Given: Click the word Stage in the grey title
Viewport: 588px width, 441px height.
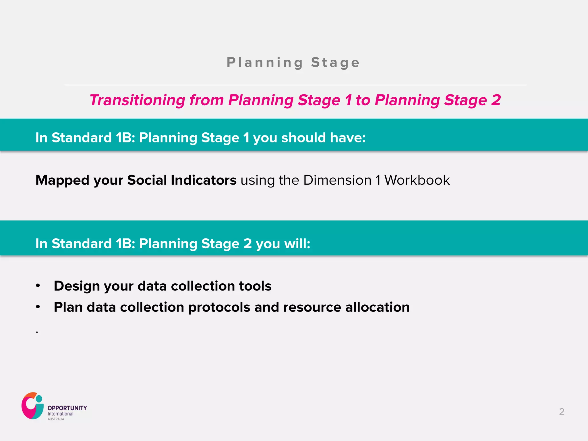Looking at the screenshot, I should pyautogui.click(x=335, y=63).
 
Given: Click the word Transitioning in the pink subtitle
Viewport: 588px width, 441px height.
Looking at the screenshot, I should pyautogui.click(x=137, y=100).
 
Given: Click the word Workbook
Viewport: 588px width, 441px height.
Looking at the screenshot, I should pyautogui.click(x=417, y=180).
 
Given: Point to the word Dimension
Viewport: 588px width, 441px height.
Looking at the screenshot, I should pyautogui.click(x=337, y=180).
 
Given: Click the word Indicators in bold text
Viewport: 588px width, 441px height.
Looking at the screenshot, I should pyautogui.click(x=203, y=180).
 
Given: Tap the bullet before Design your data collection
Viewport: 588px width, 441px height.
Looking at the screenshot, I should pyautogui.click(x=38, y=286).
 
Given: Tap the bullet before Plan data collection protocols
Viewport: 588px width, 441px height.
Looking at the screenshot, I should pyautogui.click(x=38, y=307).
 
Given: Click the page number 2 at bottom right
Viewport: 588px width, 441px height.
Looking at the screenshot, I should pyautogui.click(x=562, y=412).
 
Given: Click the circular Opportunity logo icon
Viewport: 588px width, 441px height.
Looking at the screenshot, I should pyautogui.click(x=32, y=406).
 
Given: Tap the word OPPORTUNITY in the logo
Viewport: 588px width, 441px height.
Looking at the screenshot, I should pyautogui.click(x=67, y=408).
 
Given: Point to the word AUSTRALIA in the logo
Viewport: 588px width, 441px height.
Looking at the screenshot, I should pyautogui.click(x=56, y=419).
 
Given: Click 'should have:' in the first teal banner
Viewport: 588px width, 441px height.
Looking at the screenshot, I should pyautogui.click(x=323, y=138).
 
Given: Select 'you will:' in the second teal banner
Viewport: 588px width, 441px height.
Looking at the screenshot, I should pyautogui.click(x=283, y=244).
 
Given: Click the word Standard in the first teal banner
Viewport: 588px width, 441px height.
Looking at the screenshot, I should pyautogui.click(x=82, y=138).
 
